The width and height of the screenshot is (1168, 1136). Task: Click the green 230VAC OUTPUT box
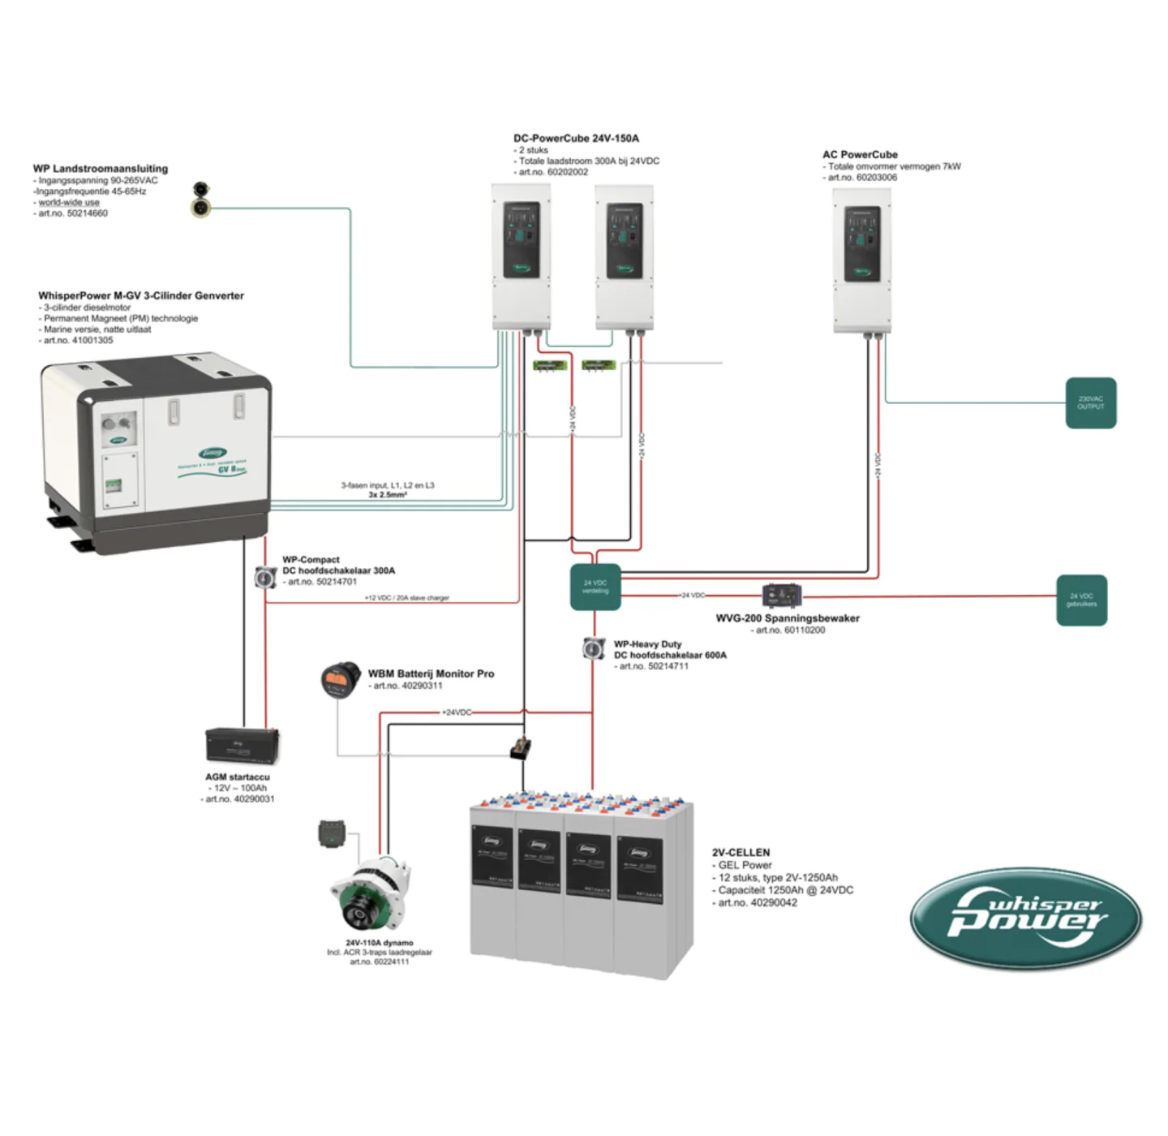pos(1090,402)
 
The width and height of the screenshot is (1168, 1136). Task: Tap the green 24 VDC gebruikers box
pos(1081,600)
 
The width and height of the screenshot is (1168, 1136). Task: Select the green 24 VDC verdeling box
pos(595,587)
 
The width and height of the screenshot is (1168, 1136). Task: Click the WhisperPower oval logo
pos(1025,918)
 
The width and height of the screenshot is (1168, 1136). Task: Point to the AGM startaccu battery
pos(242,745)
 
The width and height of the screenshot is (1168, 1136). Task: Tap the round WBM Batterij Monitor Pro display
pos(341,679)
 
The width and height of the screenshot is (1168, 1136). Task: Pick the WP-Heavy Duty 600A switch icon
pos(594,648)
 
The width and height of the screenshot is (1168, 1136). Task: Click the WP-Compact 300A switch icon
pos(265,576)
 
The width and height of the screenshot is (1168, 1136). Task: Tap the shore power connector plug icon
pos(200,200)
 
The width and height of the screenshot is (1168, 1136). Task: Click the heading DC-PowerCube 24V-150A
pos(576,139)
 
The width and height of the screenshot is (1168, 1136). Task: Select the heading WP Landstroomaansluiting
pos(101,169)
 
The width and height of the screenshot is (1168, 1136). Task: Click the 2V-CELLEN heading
pos(741,852)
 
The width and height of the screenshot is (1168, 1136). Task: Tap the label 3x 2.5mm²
pos(388,495)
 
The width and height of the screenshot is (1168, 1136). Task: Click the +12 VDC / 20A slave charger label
pos(406,598)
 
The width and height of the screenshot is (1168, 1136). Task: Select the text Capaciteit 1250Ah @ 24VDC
pos(785,890)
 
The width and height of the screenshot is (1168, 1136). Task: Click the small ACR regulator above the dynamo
pos(331,833)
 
